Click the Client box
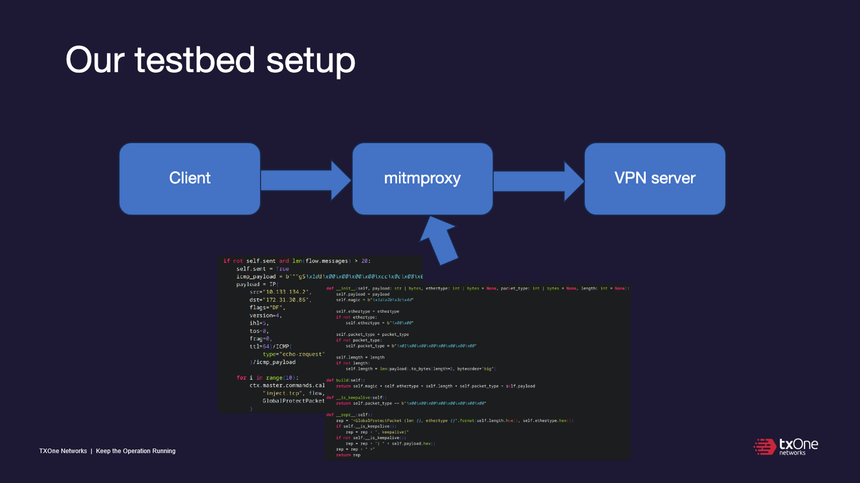coord(189,179)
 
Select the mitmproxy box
coord(422,179)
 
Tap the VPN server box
coord(654,179)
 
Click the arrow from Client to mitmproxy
coord(305,180)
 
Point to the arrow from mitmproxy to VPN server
coord(537,180)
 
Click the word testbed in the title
coord(195,60)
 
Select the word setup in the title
coord(310,61)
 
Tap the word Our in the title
coord(95,60)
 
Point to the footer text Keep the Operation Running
coord(135,451)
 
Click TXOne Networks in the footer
coord(63,451)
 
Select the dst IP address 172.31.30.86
coord(287,300)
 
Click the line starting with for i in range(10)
coord(267,378)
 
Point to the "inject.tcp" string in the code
coord(282,393)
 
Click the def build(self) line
coord(345,380)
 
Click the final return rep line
coord(348,455)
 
